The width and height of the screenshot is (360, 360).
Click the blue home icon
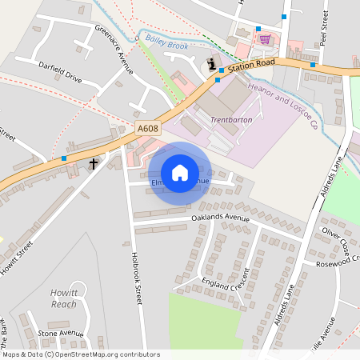[x=180, y=172]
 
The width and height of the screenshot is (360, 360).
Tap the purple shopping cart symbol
[x=264, y=38]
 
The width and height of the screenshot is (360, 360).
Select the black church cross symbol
[x=94, y=164]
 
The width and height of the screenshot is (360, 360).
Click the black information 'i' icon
[x=212, y=64]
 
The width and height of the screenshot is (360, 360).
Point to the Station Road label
[x=250, y=66]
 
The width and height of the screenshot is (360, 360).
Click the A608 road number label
[x=146, y=128]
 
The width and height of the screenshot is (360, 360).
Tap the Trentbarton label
[x=232, y=119]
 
